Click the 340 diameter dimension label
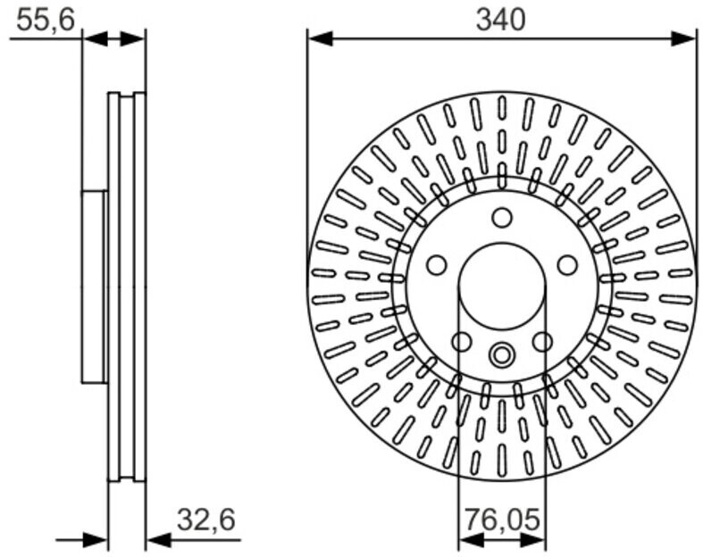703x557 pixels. [x=500, y=21]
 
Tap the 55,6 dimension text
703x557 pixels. [x=46, y=21]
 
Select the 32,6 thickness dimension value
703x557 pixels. [x=205, y=520]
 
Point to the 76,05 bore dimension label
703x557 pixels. [x=502, y=520]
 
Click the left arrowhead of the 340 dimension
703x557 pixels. [x=320, y=38]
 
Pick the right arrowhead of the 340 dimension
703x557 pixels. [x=682, y=38]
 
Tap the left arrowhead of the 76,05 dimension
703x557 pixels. [x=472, y=541]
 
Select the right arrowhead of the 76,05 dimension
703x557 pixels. [x=533, y=541]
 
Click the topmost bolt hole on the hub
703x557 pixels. [x=502, y=217]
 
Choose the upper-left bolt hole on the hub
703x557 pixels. [x=436, y=265]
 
